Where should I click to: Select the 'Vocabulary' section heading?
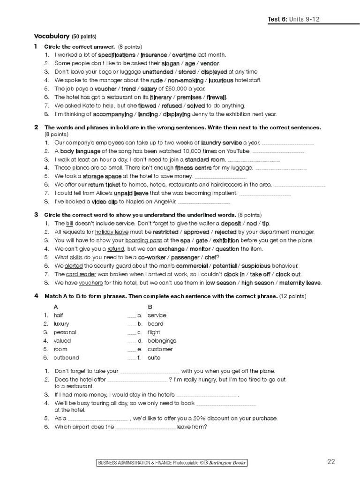click(51, 36)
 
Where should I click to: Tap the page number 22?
click(331, 462)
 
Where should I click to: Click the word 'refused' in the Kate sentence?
click(171, 105)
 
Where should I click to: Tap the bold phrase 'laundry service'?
click(221, 142)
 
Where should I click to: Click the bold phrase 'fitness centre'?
click(193, 167)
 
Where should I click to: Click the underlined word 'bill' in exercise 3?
click(70, 223)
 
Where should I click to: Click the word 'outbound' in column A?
click(66, 357)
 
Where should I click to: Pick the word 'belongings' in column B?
click(162, 340)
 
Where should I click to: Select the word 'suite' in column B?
click(154, 357)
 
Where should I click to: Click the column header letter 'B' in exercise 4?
click(150, 307)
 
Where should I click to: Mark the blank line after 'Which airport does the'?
click(145, 427)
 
